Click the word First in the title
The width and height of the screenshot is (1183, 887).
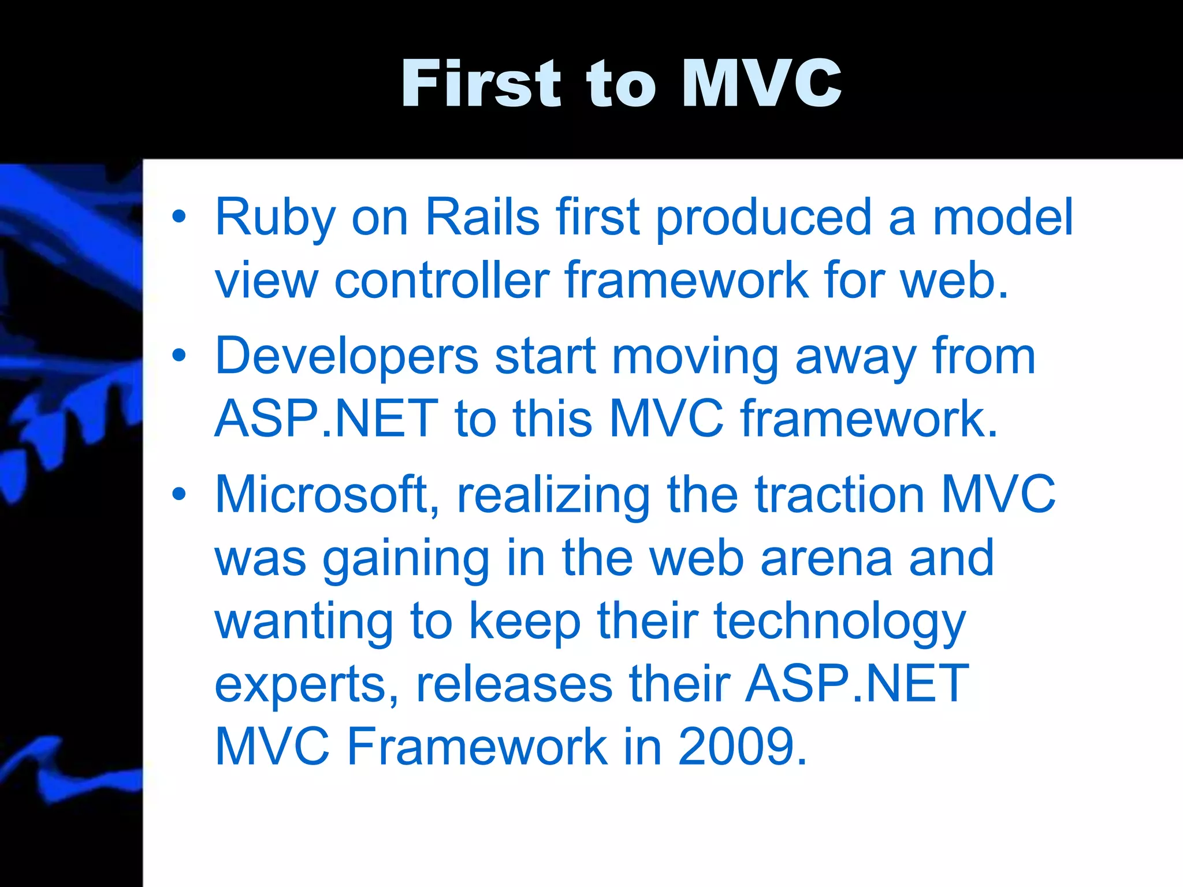481,84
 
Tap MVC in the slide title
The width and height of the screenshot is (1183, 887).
761,84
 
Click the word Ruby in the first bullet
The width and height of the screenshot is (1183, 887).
275,218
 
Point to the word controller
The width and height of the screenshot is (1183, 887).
442,281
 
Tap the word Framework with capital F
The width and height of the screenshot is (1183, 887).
477,747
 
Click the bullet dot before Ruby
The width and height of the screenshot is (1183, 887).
179,217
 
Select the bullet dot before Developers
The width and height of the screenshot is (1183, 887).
179,356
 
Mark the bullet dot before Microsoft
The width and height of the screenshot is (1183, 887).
179,494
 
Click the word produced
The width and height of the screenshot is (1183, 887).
764,218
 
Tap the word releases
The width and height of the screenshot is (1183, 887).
514,685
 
